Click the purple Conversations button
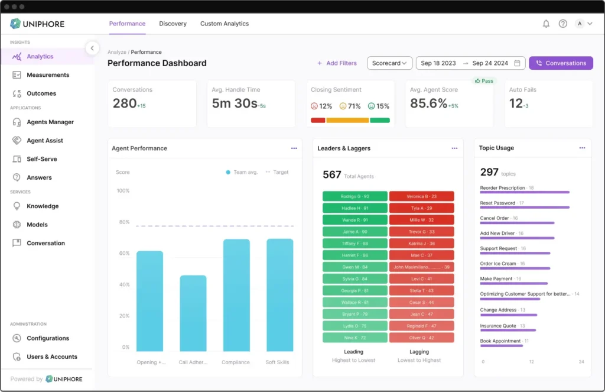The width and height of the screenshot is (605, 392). [x=561, y=63]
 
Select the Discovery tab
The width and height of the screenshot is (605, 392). [x=173, y=24]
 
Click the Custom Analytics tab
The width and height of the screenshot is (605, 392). [x=224, y=24]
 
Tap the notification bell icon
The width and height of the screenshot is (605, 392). [x=546, y=24]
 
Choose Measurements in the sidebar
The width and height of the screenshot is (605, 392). [x=47, y=75]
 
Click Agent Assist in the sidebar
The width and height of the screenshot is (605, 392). [x=44, y=141]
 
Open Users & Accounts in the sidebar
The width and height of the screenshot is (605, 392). [x=51, y=357]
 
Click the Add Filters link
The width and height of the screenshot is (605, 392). [x=337, y=63]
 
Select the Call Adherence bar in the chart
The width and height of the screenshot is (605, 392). [x=193, y=313]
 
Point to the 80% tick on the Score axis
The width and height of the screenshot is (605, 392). [x=123, y=222]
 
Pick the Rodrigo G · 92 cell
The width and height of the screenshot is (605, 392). [x=354, y=196]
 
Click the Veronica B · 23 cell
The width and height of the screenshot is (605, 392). [x=421, y=196]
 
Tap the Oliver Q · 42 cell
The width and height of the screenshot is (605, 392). [x=421, y=338]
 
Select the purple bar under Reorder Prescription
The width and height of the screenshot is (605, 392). [x=525, y=192]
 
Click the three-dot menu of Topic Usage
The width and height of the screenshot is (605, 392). [x=582, y=148]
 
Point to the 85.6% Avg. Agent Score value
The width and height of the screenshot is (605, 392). [x=429, y=103]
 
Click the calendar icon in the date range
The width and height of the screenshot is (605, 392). [x=518, y=63]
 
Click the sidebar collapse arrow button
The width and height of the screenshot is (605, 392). [x=92, y=48]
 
